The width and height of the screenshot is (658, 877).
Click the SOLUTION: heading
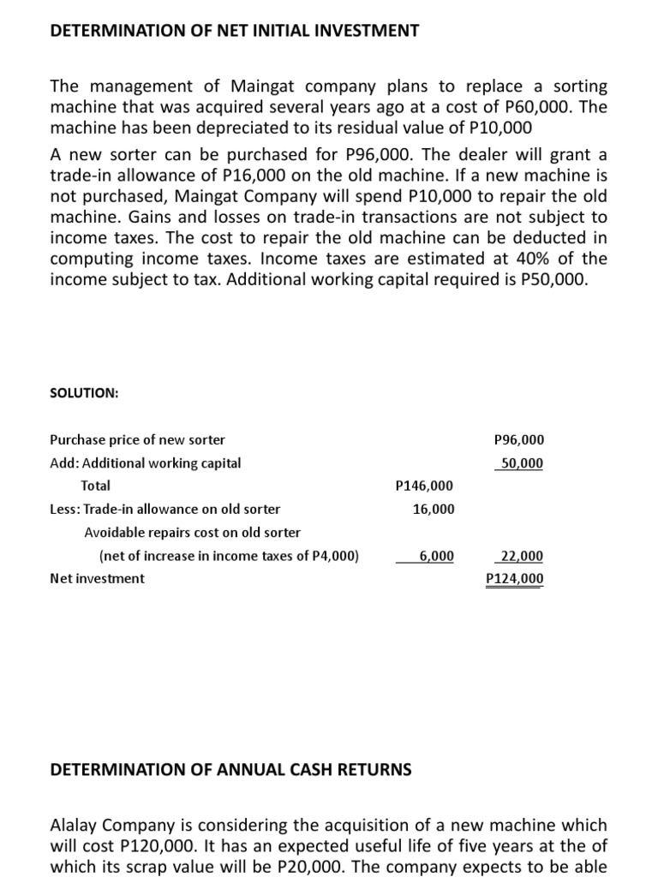(85, 393)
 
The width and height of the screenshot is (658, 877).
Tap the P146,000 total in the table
(425, 486)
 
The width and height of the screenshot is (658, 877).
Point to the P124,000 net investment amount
(514, 579)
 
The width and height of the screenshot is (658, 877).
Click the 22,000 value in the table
(521, 556)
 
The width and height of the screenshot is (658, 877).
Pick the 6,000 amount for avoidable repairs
(436, 556)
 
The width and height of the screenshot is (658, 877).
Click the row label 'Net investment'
(98, 579)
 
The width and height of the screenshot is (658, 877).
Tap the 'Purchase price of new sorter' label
(138, 440)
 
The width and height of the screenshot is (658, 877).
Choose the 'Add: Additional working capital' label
(146, 463)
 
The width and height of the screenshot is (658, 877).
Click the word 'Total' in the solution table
(95, 486)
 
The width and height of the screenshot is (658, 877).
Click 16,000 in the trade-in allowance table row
(434, 510)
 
